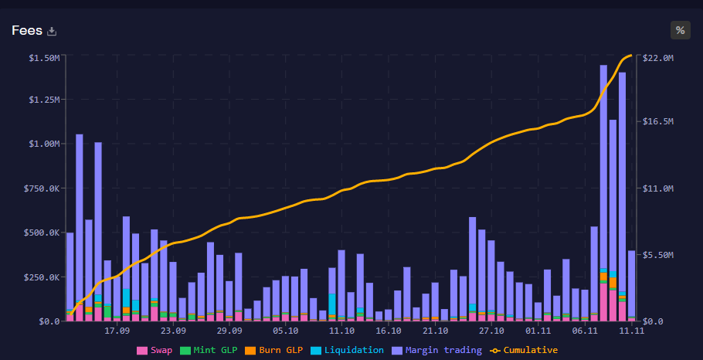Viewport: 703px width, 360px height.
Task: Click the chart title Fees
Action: click(27, 30)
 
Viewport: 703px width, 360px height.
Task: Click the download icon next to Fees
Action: click(52, 31)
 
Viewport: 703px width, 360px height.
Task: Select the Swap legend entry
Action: click(155, 350)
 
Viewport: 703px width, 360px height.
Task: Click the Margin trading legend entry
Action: click(437, 350)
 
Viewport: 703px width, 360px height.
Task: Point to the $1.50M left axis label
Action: click(45, 58)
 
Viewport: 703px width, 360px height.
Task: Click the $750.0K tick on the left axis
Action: click(42, 188)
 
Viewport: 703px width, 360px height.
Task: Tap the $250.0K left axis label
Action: click(42, 277)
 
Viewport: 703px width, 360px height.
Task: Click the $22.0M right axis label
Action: click(658, 58)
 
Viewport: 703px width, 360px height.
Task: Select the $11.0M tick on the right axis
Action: click(658, 188)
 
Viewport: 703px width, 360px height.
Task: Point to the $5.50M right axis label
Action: click(658, 255)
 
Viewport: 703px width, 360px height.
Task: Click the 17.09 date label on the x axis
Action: click(117, 331)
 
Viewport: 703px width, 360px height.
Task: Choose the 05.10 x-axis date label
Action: click(286, 331)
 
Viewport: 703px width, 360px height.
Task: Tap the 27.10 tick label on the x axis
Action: click(491, 331)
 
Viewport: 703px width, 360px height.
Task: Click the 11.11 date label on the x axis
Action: click(632, 331)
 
